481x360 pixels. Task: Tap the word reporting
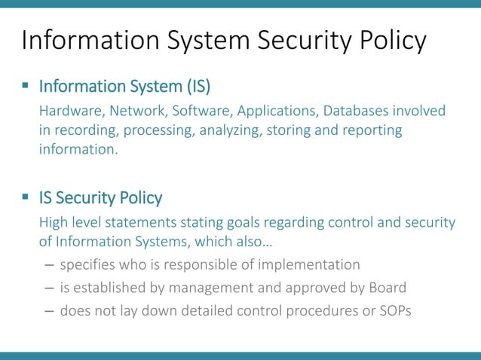tap(369, 131)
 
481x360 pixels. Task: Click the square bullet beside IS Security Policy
tap(26, 198)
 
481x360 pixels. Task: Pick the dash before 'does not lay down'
tap(48, 310)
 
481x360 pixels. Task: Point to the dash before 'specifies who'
tap(48, 264)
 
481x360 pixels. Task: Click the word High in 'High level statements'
tap(53, 224)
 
